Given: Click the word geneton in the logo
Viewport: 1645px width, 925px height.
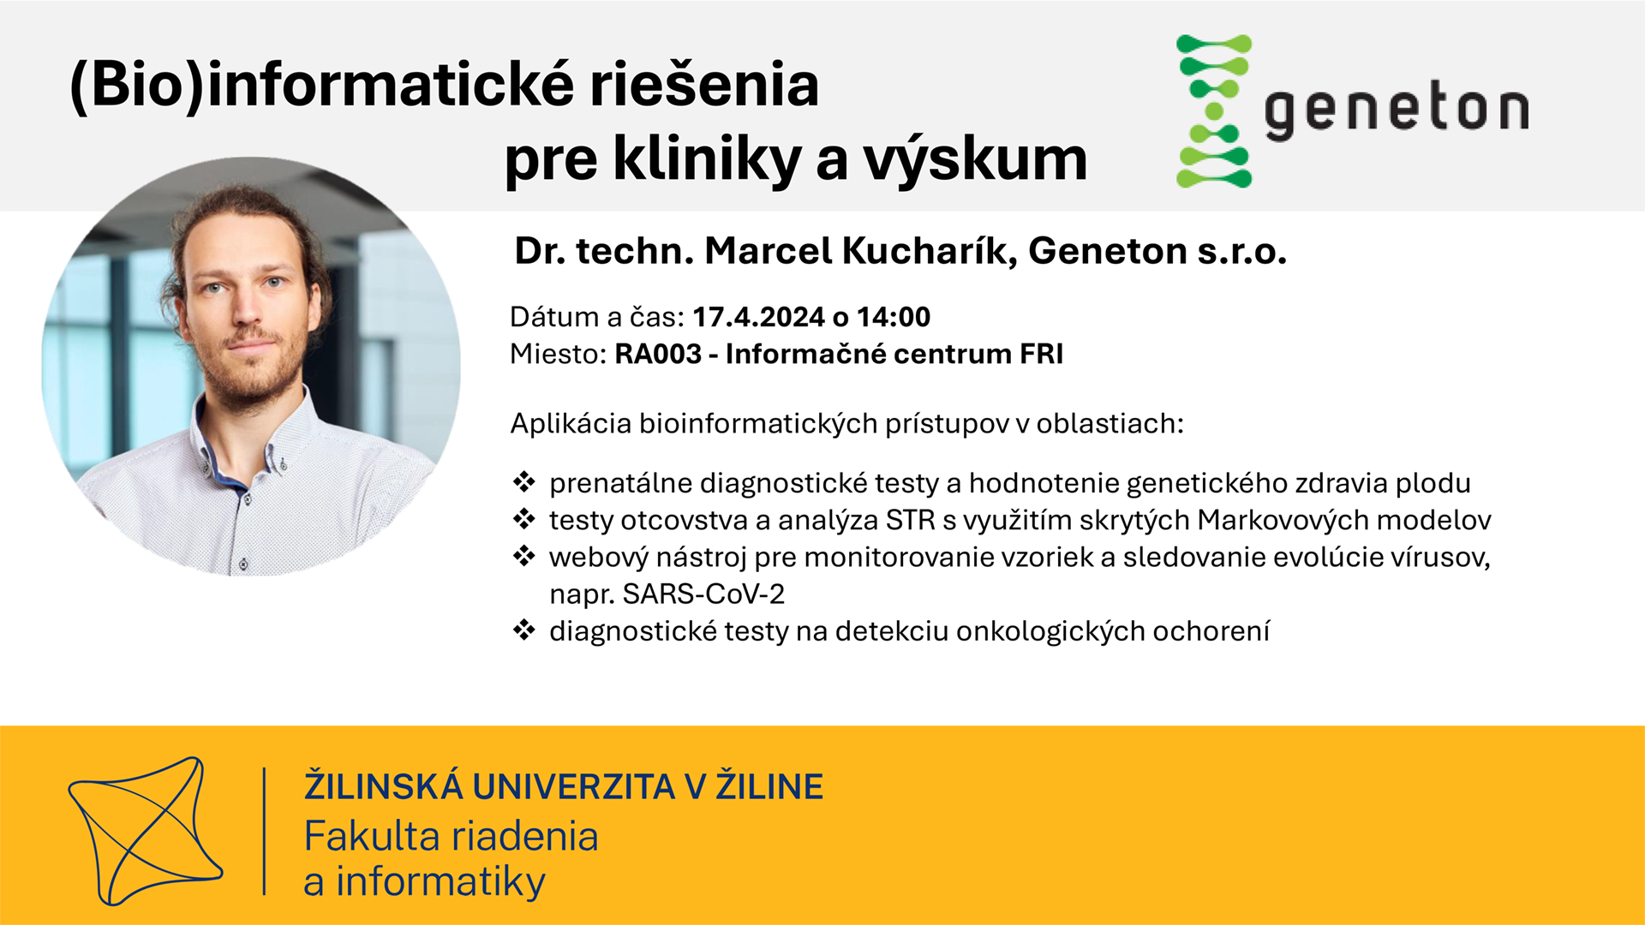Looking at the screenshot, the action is pos(1397,111).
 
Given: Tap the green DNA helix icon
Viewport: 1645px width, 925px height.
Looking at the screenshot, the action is pos(1214,111).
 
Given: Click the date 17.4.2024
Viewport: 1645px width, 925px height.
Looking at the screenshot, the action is pos(758,317).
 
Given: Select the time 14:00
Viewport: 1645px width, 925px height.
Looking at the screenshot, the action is pos(894,317).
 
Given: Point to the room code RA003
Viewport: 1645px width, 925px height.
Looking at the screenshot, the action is pos(658,354).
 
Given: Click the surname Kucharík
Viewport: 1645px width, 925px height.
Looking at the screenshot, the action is pos(930,251).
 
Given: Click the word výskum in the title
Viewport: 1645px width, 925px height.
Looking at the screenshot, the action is pos(974,161).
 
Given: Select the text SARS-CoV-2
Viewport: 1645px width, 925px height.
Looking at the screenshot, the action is pos(703,594).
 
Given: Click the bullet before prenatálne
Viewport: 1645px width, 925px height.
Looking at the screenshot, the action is pos(523,482).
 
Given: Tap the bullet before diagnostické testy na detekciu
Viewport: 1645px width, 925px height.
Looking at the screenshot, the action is pos(523,630).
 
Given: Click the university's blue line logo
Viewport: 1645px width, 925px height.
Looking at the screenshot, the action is pos(146,831).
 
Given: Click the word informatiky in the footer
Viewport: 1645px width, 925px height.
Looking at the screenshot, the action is pos(440,882).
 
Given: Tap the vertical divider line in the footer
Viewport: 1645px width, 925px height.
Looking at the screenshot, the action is pos(264,831).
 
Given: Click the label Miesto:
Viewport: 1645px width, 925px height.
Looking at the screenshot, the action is pos(558,354).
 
